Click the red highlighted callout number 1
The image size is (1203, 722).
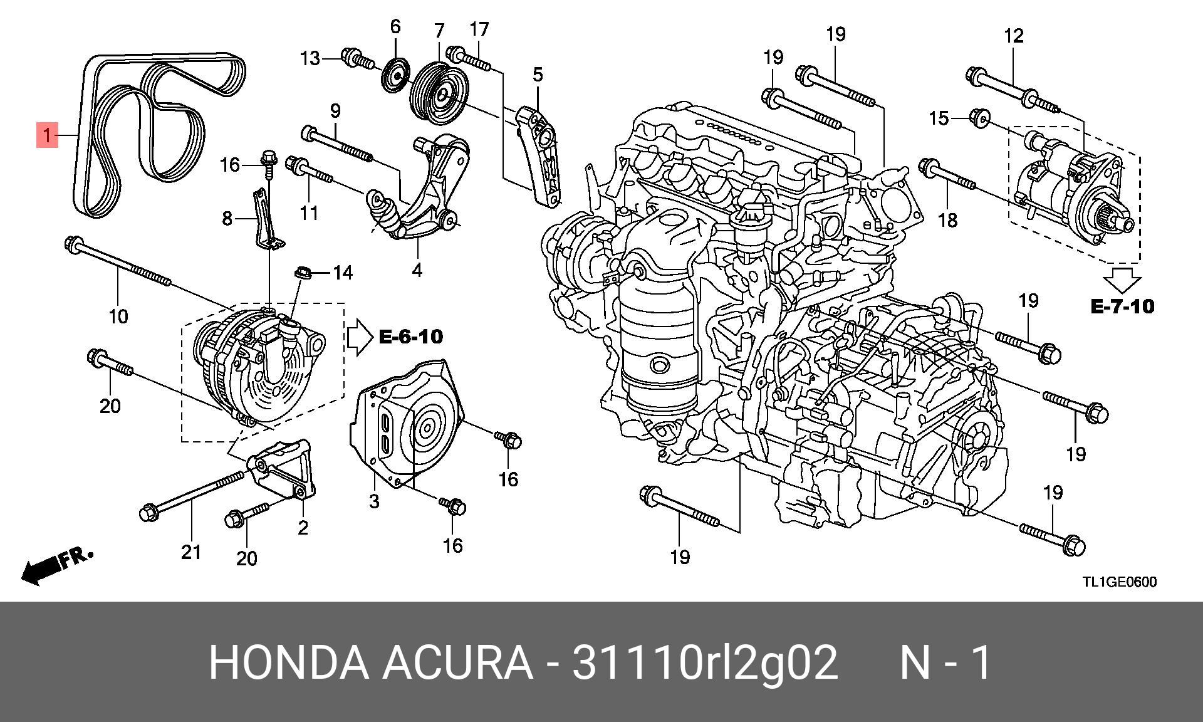[x=48, y=135]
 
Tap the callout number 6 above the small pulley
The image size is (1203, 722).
[x=395, y=26]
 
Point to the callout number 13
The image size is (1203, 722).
[x=310, y=58]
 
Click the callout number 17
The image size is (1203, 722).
[x=479, y=29]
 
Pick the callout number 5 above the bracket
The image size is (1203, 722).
[x=538, y=75]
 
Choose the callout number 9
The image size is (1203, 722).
[x=335, y=111]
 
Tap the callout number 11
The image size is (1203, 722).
[x=309, y=213]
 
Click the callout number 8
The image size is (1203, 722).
[x=227, y=219]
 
